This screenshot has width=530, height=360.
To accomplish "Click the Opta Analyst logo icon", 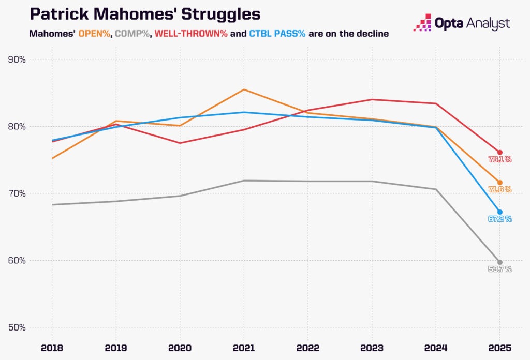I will pyautogui.click(x=424, y=22).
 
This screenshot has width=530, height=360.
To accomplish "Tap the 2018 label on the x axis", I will pyautogui.click(x=52, y=348).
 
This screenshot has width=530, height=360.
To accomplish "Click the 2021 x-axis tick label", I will pyautogui.click(x=244, y=348).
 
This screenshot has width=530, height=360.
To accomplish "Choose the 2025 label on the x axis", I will pyautogui.click(x=499, y=348).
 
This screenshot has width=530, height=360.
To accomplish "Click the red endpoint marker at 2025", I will pyautogui.click(x=500, y=152).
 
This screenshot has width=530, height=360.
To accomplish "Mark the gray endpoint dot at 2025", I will pyautogui.click(x=500, y=262).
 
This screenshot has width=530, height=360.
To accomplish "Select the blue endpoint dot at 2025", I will pyautogui.click(x=500, y=212).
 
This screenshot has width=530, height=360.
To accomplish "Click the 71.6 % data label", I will pyautogui.click(x=500, y=190).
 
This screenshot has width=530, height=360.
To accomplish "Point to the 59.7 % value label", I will pyautogui.click(x=500, y=269).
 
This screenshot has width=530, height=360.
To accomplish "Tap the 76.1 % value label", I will pyautogui.click(x=500, y=159).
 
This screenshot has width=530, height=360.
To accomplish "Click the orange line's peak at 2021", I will pyautogui.click(x=244, y=89).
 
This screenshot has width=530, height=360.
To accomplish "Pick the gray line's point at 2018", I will pyautogui.click(x=52, y=204).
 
